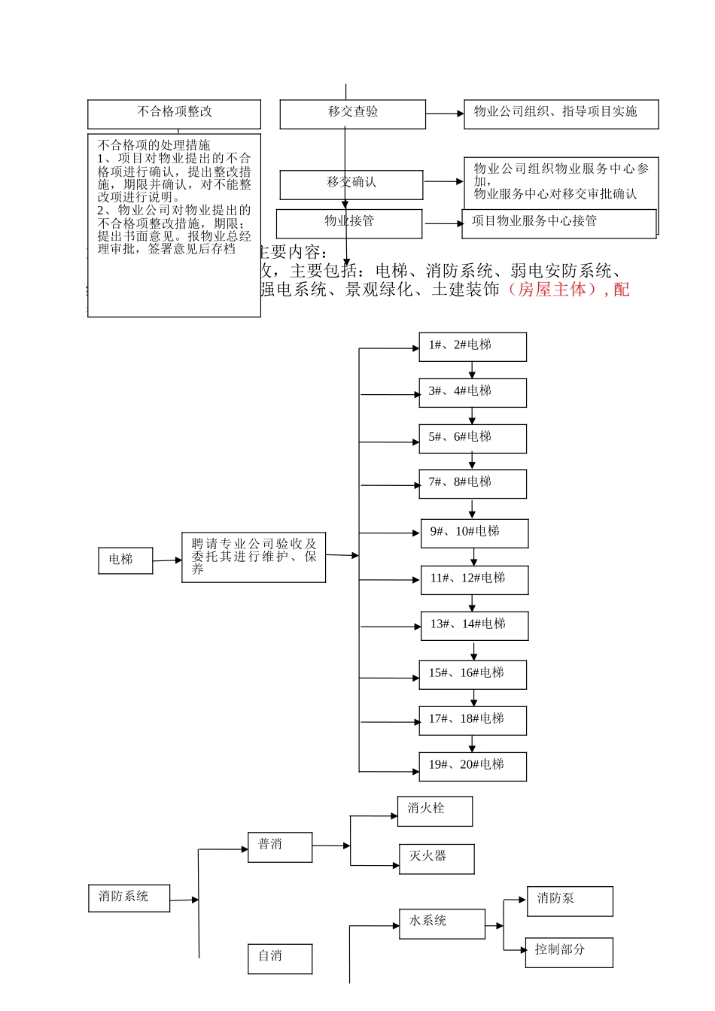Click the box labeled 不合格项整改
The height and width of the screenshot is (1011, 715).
tap(174, 114)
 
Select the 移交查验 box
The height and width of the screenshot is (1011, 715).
tap(352, 114)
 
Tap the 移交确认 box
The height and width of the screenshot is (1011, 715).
tap(351, 184)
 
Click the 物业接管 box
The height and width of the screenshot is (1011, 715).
tap(348, 223)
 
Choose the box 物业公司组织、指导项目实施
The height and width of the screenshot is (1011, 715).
tap(561, 114)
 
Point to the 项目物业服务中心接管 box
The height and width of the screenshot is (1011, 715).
tap(558, 223)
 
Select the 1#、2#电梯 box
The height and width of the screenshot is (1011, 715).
tap(472, 347)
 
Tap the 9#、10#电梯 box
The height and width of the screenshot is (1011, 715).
tap(473, 533)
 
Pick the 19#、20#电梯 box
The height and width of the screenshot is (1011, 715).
tap(472, 767)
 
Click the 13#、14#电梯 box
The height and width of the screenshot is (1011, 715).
tap(473, 626)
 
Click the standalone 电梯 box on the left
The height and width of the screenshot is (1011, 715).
tap(125, 560)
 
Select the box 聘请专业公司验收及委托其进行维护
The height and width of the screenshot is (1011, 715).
tap(253, 557)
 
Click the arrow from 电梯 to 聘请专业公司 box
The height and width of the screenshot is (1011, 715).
tap(167, 560)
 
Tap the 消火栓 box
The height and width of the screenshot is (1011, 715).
tap(434, 811)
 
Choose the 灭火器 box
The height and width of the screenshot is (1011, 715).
tap(436, 858)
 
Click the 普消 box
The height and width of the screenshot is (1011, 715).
tap(279, 847)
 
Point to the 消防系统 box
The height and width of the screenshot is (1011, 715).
tap(129, 898)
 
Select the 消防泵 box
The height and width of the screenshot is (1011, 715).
tap(569, 900)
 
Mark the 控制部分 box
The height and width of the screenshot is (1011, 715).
tap(569, 952)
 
